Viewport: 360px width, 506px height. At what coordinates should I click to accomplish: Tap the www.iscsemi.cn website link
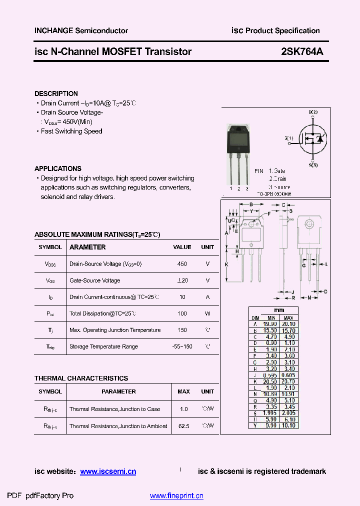tap(108, 471)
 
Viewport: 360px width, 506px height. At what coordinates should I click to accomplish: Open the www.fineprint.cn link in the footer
tap(176, 496)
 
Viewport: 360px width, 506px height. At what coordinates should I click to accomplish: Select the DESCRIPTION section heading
tap(56, 93)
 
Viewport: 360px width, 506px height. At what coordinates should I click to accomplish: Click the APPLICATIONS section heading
tap(57, 168)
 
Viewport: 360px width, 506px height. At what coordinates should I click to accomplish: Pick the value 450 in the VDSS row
tap(182, 264)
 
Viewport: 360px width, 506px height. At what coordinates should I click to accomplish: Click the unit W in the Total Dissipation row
tap(207, 313)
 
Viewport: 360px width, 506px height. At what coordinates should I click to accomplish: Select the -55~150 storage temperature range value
tap(182, 346)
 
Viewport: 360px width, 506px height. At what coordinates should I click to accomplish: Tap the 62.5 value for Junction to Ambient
tap(183, 426)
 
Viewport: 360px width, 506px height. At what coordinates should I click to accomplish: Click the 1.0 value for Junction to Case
tap(183, 409)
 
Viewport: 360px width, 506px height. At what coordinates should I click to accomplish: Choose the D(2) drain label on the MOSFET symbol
tap(313, 112)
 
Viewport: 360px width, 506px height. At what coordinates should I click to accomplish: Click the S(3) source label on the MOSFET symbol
tap(313, 164)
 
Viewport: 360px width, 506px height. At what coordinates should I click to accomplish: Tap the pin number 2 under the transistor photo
tap(239, 188)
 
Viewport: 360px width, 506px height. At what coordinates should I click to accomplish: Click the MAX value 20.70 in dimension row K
tap(288, 381)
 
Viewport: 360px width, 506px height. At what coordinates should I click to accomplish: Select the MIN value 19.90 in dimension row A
tap(271, 324)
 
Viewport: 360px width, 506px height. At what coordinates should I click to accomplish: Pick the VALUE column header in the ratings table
tap(182, 247)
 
